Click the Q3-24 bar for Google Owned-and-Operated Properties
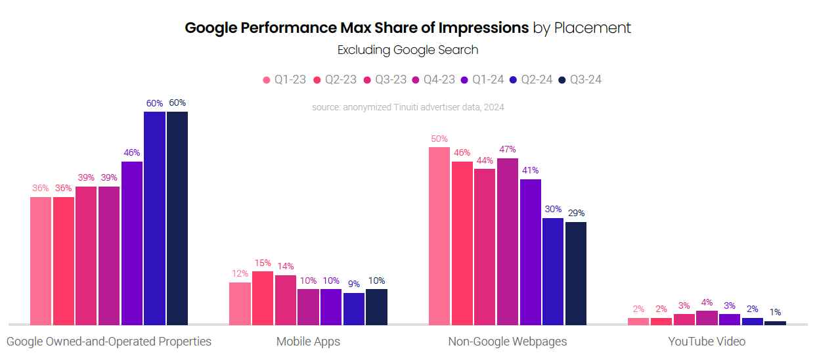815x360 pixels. click(x=177, y=218)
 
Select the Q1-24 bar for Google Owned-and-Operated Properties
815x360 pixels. click(x=132, y=243)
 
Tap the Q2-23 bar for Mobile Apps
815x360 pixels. click(x=263, y=298)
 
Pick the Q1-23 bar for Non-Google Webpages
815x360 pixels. click(x=439, y=236)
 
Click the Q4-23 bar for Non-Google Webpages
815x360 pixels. click(x=508, y=241)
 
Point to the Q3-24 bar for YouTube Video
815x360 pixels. click(x=775, y=323)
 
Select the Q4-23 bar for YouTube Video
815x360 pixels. click(x=707, y=318)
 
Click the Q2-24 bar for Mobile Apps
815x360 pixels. click(x=354, y=309)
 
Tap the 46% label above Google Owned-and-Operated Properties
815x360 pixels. click(x=132, y=153)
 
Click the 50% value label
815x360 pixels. click(x=439, y=139)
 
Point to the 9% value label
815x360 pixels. click(x=354, y=284)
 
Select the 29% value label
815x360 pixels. click(x=576, y=214)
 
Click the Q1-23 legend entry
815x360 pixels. click(x=284, y=80)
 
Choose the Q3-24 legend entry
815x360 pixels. click(x=580, y=80)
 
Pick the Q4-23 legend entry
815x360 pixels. click(x=433, y=80)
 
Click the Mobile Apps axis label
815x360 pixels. click(x=308, y=342)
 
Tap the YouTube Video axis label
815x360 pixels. click(x=707, y=342)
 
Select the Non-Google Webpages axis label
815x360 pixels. click(x=507, y=342)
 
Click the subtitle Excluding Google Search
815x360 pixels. click(x=408, y=50)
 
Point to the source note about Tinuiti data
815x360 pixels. click(x=408, y=106)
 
